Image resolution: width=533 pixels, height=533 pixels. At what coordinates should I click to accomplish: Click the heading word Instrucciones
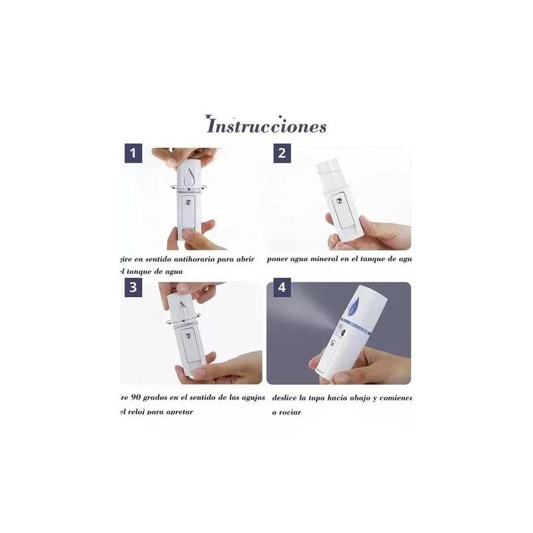266,126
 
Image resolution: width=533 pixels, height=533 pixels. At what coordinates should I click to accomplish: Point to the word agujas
250,398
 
